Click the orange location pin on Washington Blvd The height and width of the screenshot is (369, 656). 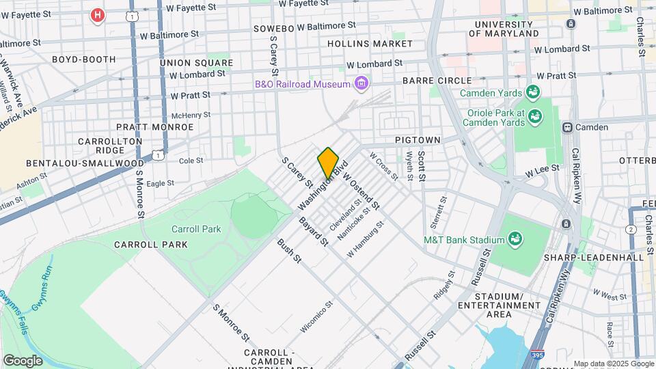(x=328, y=163)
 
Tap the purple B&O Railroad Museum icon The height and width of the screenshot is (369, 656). (x=361, y=84)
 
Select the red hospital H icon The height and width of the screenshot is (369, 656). (x=98, y=14)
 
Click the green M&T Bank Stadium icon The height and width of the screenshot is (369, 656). (x=515, y=239)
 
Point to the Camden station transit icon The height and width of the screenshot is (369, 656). (x=566, y=127)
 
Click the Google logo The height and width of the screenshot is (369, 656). (x=23, y=360)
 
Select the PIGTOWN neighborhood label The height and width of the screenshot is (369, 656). (x=418, y=139)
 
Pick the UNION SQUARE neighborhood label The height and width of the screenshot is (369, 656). (x=192, y=62)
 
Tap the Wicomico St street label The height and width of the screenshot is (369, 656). (x=316, y=318)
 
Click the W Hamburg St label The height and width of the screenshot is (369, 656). (x=366, y=238)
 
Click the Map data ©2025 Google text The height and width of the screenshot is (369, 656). (x=613, y=364)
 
